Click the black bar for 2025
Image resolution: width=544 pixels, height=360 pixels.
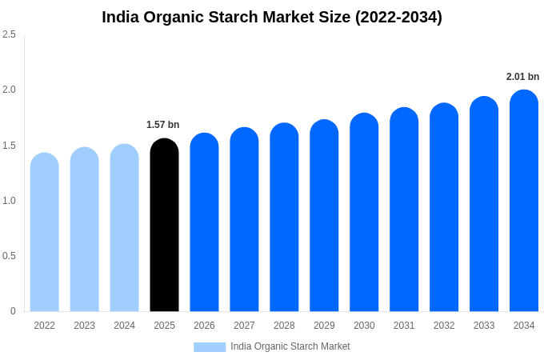click(x=164, y=226)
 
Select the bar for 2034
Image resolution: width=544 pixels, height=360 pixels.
click(x=524, y=202)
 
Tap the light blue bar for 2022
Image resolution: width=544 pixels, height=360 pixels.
click(x=45, y=233)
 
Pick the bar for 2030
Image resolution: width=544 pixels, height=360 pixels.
click(x=364, y=213)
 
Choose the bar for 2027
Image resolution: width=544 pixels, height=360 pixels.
click(x=244, y=220)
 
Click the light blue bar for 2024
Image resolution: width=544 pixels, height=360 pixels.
click(x=124, y=229)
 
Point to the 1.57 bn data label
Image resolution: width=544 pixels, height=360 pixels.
click(x=163, y=125)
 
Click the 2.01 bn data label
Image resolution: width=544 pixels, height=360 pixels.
click(x=522, y=77)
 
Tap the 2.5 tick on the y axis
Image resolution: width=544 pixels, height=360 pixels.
click(x=9, y=34)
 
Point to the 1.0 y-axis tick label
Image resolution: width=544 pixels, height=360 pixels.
click(x=9, y=201)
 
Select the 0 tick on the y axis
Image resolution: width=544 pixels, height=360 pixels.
click(x=13, y=311)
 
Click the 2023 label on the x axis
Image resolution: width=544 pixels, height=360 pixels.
click(x=85, y=326)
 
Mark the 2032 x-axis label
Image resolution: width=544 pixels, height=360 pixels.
click(x=444, y=326)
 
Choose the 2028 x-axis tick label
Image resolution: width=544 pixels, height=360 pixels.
click(x=284, y=326)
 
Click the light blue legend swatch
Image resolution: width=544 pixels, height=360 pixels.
click(x=210, y=347)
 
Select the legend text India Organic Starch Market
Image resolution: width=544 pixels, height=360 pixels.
click(x=290, y=346)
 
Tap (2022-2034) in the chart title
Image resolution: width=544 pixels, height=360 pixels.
click(x=398, y=17)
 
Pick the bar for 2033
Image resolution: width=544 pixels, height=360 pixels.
click(x=484, y=205)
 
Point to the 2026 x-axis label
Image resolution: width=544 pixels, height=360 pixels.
click(x=204, y=326)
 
